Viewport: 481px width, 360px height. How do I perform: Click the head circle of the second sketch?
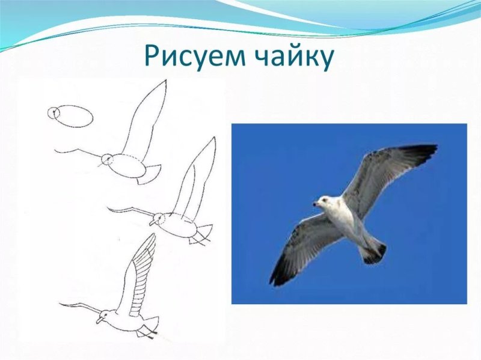[107, 159]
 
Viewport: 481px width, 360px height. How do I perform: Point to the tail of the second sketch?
[150, 173]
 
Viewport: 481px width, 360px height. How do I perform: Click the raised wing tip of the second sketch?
[163, 83]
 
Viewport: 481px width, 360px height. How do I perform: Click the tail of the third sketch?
[203, 234]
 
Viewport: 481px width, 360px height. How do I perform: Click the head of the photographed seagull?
[325, 203]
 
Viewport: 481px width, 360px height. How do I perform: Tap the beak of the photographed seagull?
[315, 204]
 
